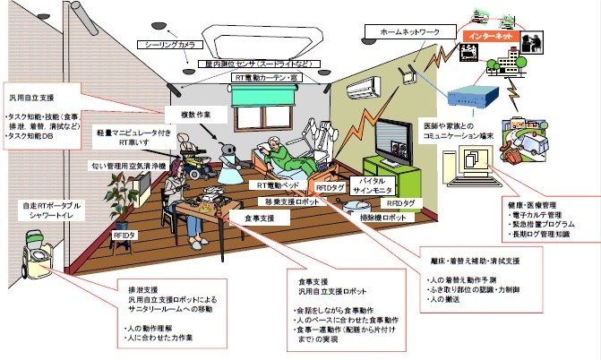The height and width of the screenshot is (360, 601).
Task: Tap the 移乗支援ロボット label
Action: pos(289,201)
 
